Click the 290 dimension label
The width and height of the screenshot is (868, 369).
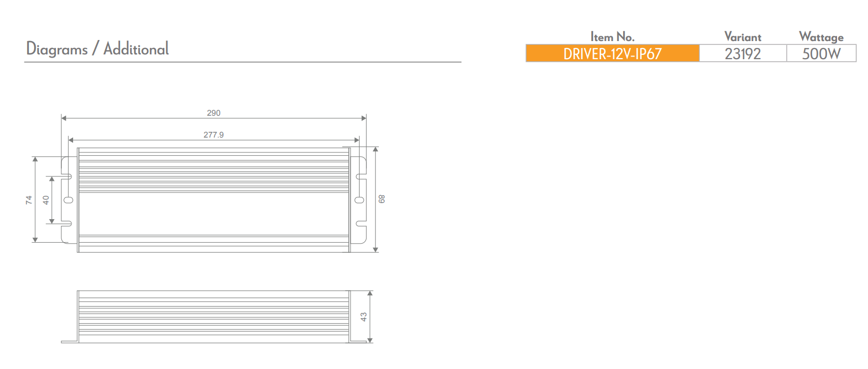[x=213, y=113]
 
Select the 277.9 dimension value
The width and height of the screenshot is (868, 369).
[x=213, y=135]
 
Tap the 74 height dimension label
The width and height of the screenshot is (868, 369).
[x=29, y=200]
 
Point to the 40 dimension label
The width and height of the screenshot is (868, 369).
[x=46, y=200]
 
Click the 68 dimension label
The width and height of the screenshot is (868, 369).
[x=381, y=199]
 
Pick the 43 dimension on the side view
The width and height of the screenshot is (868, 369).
[x=363, y=317]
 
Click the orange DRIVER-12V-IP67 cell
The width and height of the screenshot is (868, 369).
[x=612, y=54]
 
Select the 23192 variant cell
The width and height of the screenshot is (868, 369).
[x=742, y=54]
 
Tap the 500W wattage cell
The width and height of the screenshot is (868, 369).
[x=821, y=54]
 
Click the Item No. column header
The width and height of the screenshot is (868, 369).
[x=612, y=37]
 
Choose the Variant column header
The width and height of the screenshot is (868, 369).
[x=742, y=37]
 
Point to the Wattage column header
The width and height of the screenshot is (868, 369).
[x=821, y=37]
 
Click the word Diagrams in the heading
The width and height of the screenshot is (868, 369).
[x=57, y=49]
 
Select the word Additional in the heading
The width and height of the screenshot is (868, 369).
[x=136, y=49]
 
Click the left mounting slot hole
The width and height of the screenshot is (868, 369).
[x=68, y=200]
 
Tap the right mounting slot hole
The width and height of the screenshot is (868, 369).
[x=360, y=200]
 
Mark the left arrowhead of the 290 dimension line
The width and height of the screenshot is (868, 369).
[x=63, y=118]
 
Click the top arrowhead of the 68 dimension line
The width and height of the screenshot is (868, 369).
[x=376, y=150]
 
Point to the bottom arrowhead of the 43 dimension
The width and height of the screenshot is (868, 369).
[x=370, y=340]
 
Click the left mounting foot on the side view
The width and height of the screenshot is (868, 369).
[x=69, y=341]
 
